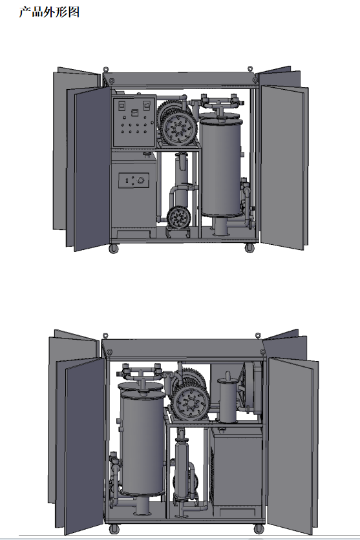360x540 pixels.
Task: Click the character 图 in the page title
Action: pos(74,12)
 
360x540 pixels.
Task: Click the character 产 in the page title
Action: pos(25,12)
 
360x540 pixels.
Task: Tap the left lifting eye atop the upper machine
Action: pos(106,69)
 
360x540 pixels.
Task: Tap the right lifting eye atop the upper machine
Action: pos(250,69)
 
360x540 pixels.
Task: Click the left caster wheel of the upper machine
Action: pos(114,248)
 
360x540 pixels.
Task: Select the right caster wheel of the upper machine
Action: pos(249,247)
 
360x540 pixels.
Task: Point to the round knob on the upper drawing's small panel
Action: pos(140,180)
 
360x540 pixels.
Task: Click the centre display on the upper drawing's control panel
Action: pos(134,112)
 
